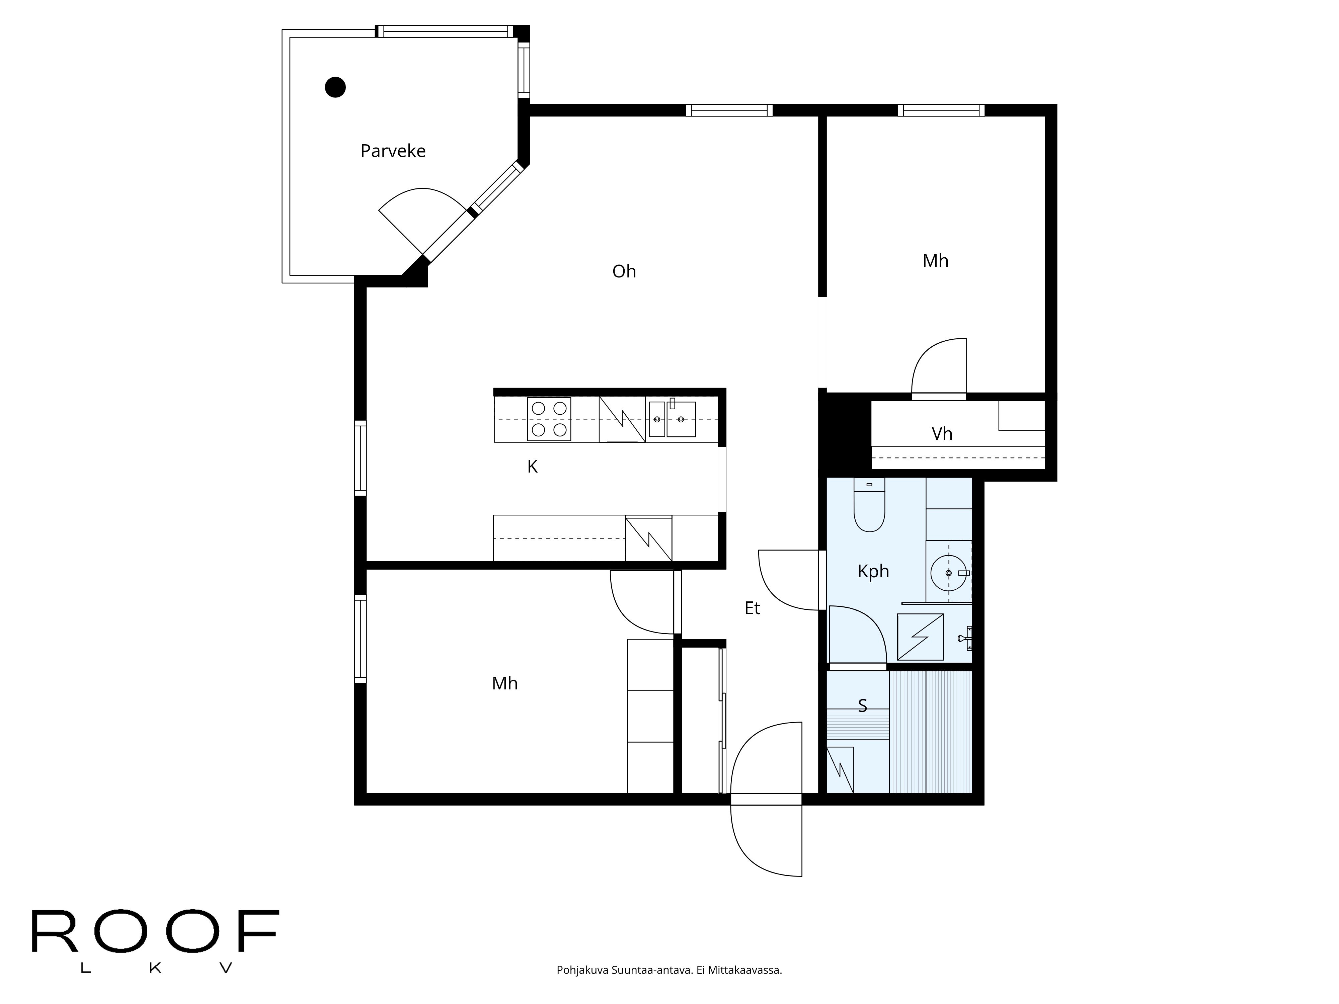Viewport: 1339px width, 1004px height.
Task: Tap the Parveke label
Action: point(393,151)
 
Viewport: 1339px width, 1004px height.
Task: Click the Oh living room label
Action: point(624,271)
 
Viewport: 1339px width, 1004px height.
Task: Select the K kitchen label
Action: point(532,467)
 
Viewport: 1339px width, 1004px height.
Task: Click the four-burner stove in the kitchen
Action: point(549,419)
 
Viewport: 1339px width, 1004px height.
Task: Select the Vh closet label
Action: point(942,434)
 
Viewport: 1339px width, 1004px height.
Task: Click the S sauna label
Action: point(863,705)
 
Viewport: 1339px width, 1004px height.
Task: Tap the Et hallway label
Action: point(752,608)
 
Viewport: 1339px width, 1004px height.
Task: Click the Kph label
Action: point(873,571)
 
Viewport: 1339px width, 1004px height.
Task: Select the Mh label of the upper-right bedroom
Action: point(935,261)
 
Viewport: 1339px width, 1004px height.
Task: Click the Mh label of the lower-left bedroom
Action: point(504,683)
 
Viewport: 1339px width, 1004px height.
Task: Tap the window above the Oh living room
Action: point(729,110)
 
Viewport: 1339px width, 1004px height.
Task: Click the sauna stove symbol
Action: point(840,770)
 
